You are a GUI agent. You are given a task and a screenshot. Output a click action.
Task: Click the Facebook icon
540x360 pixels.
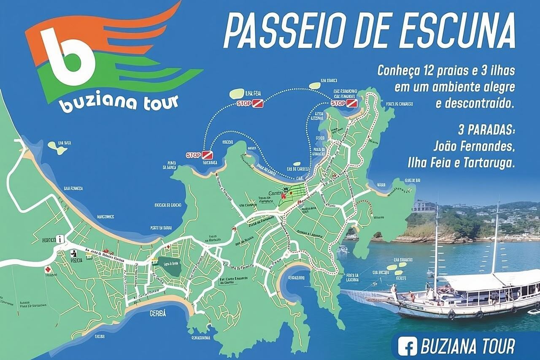point(408,346)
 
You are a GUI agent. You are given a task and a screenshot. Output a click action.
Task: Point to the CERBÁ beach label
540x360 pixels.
point(158,314)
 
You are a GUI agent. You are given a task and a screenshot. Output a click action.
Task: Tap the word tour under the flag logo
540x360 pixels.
point(160,103)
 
